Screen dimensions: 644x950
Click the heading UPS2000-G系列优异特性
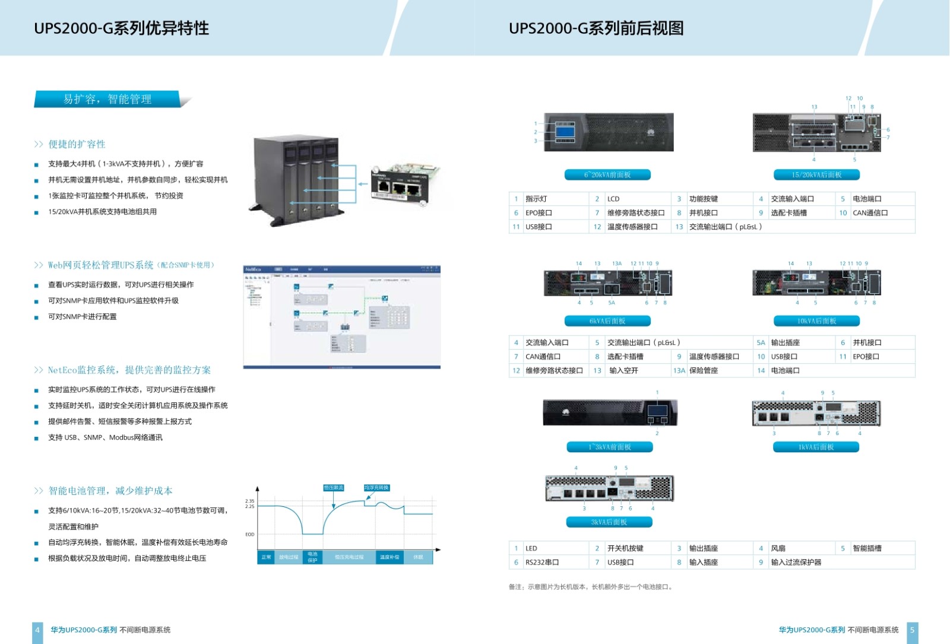(x=121, y=28)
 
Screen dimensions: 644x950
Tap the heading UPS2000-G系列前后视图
(x=596, y=28)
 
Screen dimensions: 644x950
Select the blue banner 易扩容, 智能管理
(x=107, y=99)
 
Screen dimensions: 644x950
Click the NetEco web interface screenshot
(x=342, y=318)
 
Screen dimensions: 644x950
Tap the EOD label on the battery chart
(x=250, y=534)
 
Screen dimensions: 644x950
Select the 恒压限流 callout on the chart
(x=334, y=488)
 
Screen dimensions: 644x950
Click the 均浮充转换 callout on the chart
(x=376, y=488)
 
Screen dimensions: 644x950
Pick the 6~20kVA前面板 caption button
(x=607, y=175)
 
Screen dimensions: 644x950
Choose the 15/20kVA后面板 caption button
(x=816, y=175)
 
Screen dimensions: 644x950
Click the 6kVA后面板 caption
(x=607, y=321)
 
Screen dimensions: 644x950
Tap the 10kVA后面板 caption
(x=816, y=321)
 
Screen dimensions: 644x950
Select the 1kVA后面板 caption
(x=816, y=447)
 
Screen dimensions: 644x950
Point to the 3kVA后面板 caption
(x=609, y=522)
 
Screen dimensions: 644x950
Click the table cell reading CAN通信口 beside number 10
(x=870, y=213)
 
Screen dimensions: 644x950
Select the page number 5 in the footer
(x=913, y=630)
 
